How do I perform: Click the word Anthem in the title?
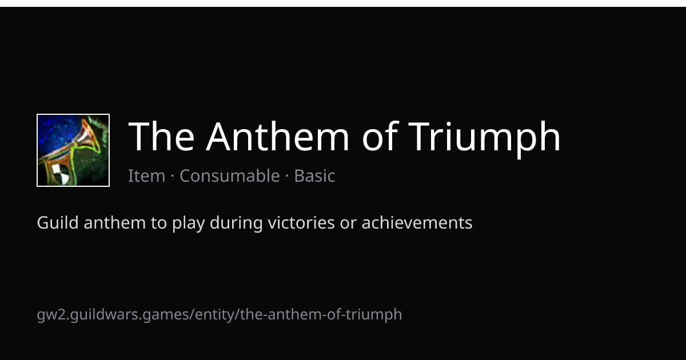(x=278, y=137)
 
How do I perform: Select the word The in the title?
(x=161, y=137)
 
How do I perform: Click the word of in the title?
(x=380, y=137)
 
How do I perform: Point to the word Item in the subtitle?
(x=146, y=176)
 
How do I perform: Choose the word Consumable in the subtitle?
(x=230, y=176)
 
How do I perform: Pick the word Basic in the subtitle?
(x=314, y=176)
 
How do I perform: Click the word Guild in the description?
(x=58, y=222)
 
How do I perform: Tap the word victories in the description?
(x=301, y=222)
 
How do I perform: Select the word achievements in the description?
(x=417, y=222)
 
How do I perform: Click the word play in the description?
(x=188, y=224)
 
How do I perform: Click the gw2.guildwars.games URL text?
(x=220, y=315)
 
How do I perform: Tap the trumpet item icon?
(x=73, y=150)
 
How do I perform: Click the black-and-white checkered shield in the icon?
(x=61, y=174)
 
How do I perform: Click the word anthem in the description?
(x=114, y=222)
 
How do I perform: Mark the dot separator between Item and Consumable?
(x=173, y=176)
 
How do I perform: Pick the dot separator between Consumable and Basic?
(x=287, y=176)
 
